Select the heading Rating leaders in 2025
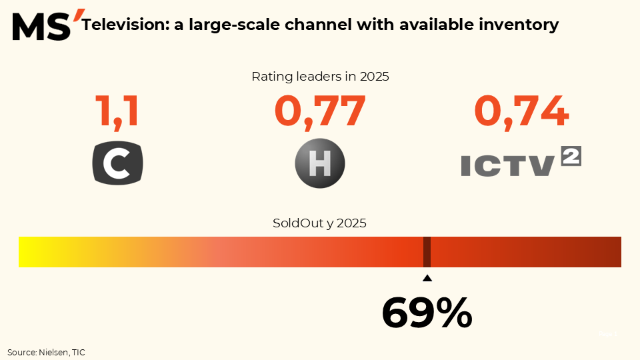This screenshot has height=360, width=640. tap(320, 76)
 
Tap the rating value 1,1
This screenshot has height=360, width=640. tap(117, 111)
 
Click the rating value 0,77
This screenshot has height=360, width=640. tap(320, 111)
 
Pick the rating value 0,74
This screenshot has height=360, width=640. tap(521, 111)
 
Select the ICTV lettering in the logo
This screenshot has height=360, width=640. tap(507, 165)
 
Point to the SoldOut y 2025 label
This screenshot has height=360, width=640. tap(320, 223)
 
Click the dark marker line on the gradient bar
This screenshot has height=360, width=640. tap(427, 252)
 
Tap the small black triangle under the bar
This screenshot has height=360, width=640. tap(427, 279)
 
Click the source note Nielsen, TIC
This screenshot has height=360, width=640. tap(47, 351)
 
